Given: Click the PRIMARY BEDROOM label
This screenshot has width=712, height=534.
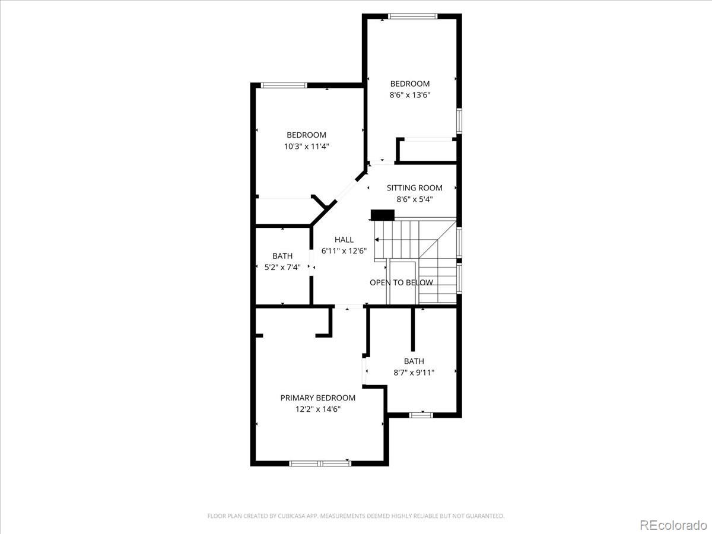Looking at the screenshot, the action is tap(317, 398).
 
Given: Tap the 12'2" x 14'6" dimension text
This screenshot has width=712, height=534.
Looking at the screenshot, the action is tap(317, 409).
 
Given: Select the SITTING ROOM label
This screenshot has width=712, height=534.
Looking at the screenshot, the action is tap(414, 187).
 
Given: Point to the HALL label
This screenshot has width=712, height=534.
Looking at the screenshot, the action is tap(344, 240).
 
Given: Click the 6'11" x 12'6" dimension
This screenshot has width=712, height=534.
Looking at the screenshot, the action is tap(344, 251).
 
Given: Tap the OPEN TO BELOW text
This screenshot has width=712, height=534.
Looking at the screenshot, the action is tap(401, 282).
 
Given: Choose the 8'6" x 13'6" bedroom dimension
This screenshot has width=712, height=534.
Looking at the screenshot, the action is tap(409, 95).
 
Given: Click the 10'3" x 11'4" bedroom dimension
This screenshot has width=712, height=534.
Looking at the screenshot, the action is tap(306, 147).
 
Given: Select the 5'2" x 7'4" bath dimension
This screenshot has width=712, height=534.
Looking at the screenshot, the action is tap(282, 268).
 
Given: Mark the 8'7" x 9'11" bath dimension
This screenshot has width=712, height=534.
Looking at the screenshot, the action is tap(414, 373).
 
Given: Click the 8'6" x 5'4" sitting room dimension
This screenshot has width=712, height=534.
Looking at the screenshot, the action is tap(414, 199).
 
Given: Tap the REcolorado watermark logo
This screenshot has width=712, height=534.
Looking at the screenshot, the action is tap(673, 525).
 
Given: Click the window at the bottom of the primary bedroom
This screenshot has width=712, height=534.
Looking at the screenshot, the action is tap(320, 463).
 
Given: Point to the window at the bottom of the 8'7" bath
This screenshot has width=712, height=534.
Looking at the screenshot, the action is tap(421, 415).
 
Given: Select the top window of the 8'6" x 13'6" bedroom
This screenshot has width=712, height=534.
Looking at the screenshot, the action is tap(412, 16).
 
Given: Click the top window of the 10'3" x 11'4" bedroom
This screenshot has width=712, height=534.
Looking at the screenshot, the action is tap(284, 85).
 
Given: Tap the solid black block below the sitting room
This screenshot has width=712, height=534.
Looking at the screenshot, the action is tap(383, 215).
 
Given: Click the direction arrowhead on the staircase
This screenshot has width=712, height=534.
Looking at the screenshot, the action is tap(377, 240).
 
